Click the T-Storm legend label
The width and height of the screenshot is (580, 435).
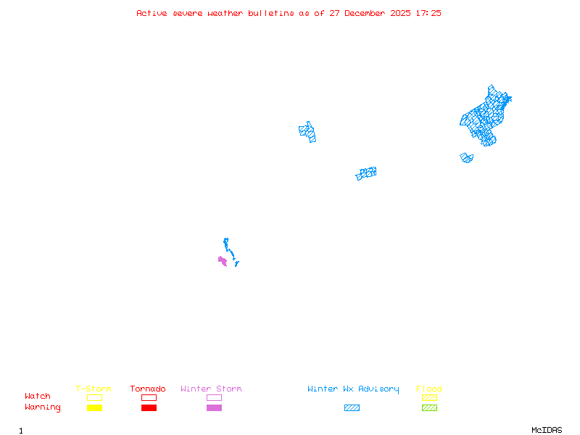click(94, 389)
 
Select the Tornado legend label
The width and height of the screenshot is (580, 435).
click(148, 389)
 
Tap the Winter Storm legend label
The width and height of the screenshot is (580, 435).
click(211, 389)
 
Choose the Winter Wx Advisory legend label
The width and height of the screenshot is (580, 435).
click(353, 389)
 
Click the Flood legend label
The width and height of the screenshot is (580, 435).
click(429, 389)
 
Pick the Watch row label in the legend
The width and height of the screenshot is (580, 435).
click(38, 397)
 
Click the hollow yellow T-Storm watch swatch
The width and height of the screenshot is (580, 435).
click(94, 397)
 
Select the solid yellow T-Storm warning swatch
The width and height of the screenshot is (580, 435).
click(94, 407)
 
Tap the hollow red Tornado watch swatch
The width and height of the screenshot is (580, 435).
click(149, 397)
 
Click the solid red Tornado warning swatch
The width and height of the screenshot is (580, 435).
click(149, 407)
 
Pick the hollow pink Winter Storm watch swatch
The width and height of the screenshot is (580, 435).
click(214, 397)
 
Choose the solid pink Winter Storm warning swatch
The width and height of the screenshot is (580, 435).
click(214, 407)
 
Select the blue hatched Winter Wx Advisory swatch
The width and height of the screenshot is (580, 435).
click(352, 407)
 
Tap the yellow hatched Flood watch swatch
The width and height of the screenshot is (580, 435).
click(429, 397)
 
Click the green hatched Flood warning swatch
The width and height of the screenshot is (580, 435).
click(429, 407)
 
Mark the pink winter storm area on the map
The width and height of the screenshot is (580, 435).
click(223, 260)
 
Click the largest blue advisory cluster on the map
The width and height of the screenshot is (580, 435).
click(485, 116)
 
